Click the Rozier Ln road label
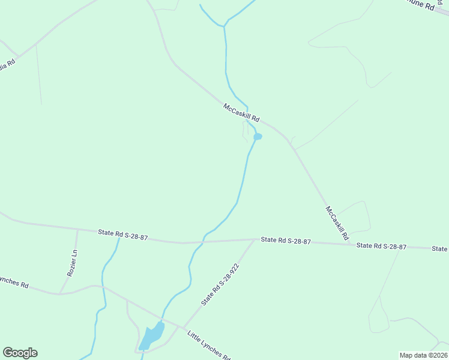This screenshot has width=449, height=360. tap(71, 262)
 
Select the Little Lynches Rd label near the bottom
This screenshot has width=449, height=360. tap(209, 345)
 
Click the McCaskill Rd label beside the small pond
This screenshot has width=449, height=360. tap(241, 112)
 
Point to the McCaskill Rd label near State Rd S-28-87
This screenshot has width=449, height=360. tap(337, 223)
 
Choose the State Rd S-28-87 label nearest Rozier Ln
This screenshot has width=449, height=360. tap(123, 235)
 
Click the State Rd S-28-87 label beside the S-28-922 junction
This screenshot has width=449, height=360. tap(286, 241)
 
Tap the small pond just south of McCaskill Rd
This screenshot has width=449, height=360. tap(258, 137)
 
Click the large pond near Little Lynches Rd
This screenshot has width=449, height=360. tap(152, 336)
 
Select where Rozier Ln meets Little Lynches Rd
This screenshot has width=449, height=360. tap(60, 294)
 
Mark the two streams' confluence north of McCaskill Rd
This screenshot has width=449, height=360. tap(224, 26)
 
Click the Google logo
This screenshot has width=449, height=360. tap(20, 353)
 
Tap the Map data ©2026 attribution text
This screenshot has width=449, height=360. tap(423, 355)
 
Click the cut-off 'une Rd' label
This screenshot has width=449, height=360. tap(420, 5)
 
